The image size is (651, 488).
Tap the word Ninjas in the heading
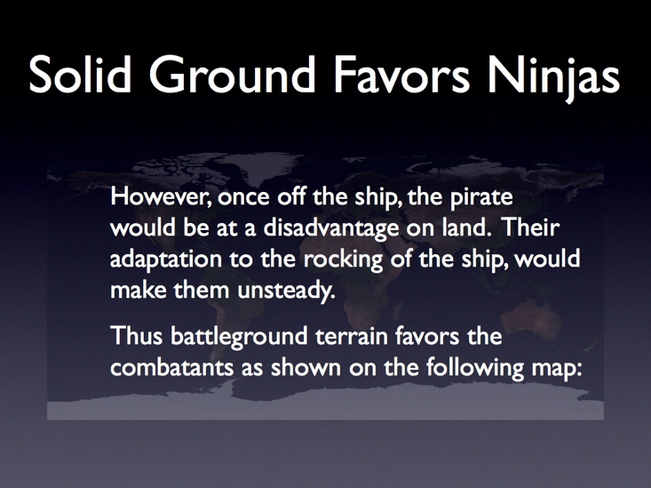point(553,78)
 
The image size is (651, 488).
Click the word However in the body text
point(162,196)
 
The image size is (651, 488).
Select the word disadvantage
point(331,228)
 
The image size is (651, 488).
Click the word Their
point(531,228)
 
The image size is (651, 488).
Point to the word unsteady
point(286,291)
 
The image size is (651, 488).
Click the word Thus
point(137,335)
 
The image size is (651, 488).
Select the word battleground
point(239,337)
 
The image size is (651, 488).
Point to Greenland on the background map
point(266,166)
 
